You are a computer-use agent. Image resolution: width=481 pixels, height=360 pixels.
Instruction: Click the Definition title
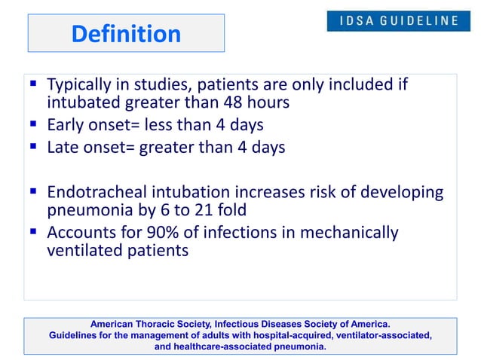(126, 34)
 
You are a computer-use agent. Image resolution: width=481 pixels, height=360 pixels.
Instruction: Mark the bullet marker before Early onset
(34, 125)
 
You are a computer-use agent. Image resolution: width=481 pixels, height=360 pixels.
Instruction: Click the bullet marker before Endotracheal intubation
(34, 192)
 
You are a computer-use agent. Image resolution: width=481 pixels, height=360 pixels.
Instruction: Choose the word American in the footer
(114, 325)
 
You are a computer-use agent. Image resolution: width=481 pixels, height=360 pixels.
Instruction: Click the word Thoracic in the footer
(161, 325)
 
